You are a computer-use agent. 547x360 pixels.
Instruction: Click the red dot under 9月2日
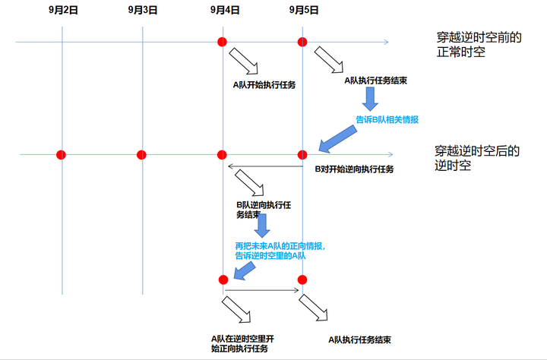click(62, 155)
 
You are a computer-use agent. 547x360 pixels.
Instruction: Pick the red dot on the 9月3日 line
click(141, 155)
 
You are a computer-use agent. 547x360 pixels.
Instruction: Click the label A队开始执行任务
click(264, 85)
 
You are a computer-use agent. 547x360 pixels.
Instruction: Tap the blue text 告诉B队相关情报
click(387, 120)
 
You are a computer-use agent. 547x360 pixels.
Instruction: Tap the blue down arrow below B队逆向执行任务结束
click(261, 226)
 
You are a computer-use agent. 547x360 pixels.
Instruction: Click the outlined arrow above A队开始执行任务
click(245, 59)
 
